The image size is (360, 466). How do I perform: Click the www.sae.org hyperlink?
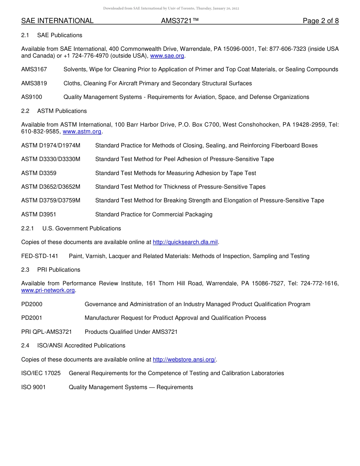click(167, 56)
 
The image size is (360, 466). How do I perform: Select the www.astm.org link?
click(82, 131)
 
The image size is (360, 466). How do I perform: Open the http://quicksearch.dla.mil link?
click(185, 242)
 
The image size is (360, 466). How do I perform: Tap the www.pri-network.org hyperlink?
click(48, 290)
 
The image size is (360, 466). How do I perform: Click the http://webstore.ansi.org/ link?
click(184, 360)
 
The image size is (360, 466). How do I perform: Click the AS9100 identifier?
click(31, 97)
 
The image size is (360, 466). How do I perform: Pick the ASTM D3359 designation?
click(39, 173)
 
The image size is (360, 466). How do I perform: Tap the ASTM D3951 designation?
click(39, 214)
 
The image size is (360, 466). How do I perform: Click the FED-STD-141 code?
click(40, 256)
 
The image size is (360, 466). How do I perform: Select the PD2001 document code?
click(32, 318)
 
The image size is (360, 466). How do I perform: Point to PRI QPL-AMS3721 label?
click(47, 332)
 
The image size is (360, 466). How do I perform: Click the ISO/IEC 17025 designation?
click(41, 373)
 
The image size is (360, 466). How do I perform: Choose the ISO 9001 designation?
click(33, 387)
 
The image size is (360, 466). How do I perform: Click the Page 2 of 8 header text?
click(321, 21)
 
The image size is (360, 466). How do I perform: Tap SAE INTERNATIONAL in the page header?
click(57, 21)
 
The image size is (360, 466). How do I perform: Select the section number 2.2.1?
click(28, 228)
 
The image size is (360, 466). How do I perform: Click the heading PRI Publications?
click(59, 270)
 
